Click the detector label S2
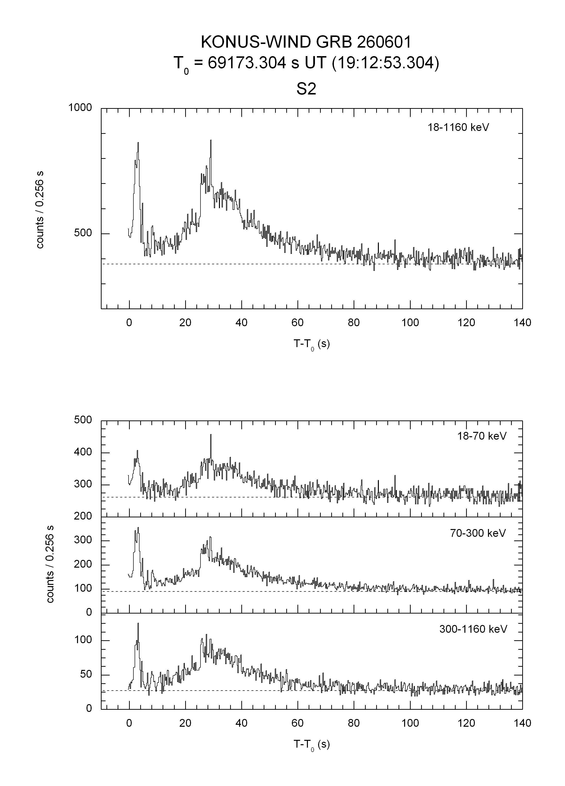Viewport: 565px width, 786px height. pyautogui.click(x=306, y=90)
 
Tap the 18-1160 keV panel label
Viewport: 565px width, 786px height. pyautogui.click(x=458, y=128)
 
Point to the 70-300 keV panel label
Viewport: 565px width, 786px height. pyautogui.click(x=478, y=533)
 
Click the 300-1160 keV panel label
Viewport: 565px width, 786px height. pyautogui.click(x=473, y=629)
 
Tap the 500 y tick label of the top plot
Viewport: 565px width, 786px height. pyautogui.click(x=83, y=233)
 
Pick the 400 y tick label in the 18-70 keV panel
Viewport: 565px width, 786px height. pyautogui.click(x=83, y=452)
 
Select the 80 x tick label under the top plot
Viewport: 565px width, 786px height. pyautogui.click(x=354, y=323)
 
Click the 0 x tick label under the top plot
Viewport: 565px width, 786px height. pyautogui.click(x=129, y=323)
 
